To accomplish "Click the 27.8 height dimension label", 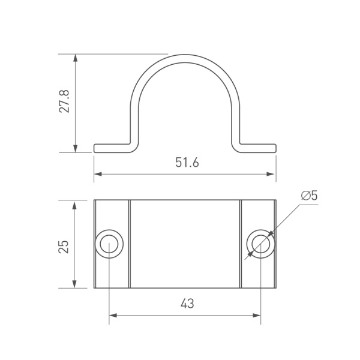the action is pyautogui.click(x=64, y=101).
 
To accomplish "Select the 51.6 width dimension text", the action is pyautogui.click(x=187, y=163).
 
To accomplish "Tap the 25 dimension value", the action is pyautogui.click(x=64, y=247).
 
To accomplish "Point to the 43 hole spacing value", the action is pyautogui.click(x=187, y=304).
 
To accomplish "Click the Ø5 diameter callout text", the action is pyautogui.click(x=309, y=196).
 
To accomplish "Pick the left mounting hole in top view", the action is pyautogui.click(x=109, y=244).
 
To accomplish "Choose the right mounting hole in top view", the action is pyautogui.click(x=260, y=244).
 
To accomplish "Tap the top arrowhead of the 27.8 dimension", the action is pyautogui.click(x=75, y=58).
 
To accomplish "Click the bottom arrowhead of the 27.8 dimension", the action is pyautogui.click(x=75, y=148).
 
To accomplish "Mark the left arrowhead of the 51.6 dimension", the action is pyautogui.click(x=98, y=174).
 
